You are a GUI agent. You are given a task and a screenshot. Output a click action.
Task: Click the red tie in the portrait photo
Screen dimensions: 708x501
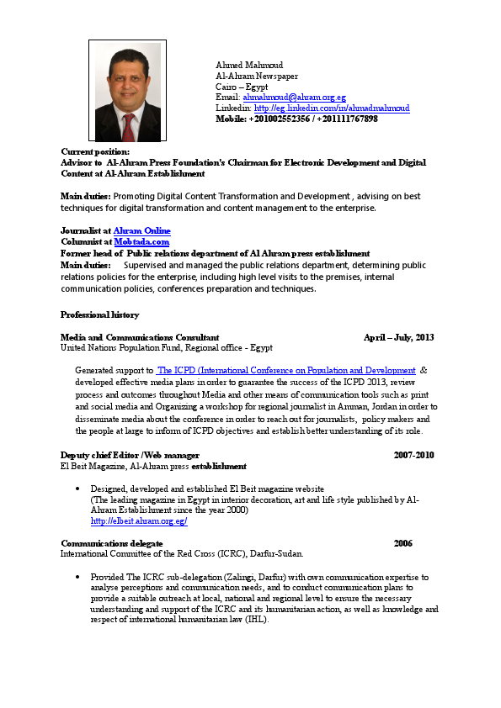(x=128, y=125)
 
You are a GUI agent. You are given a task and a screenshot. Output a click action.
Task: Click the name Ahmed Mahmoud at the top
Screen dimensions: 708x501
(x=249, y=65)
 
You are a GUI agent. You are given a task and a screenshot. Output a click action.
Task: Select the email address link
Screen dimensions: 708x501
(x=294, y=98)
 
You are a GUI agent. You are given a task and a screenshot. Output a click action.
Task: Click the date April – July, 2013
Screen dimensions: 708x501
(x=398, y=337)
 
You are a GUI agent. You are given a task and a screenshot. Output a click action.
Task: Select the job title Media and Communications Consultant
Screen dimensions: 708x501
(x=140, y=337)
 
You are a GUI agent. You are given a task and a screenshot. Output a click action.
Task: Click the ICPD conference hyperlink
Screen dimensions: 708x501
(x=286, y=370)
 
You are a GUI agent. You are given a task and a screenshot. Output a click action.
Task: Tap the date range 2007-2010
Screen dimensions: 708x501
(x=413, y=455)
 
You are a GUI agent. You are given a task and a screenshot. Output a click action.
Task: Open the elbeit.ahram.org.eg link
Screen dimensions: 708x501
(x=138, y=521)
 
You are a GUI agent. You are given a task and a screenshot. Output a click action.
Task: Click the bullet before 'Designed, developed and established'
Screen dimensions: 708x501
(x=78, y=489)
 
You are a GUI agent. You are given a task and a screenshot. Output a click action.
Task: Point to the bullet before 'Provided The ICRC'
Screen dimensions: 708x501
(x=78, y=579)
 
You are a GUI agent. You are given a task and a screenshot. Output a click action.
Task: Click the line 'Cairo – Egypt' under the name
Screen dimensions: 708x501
(x=242, y=87)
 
